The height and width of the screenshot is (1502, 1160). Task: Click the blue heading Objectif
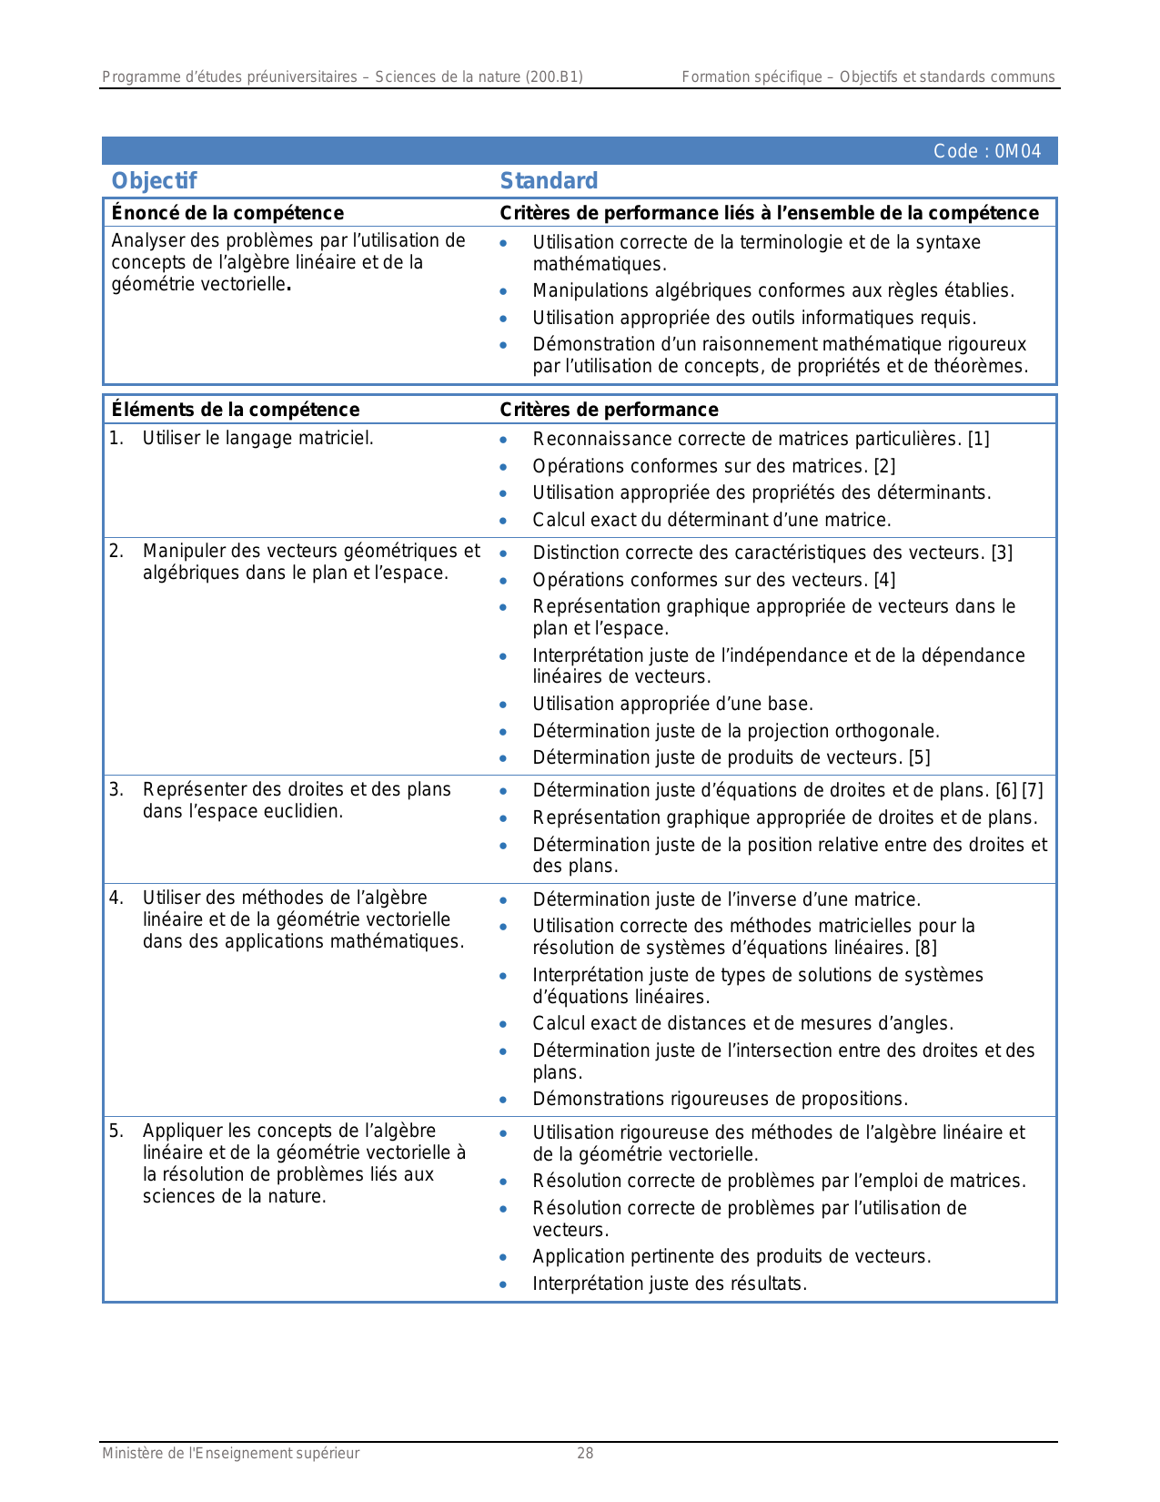[154, 181]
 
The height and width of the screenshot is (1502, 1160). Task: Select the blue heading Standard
[549, 181]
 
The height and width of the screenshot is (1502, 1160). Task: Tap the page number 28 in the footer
[585, 1453]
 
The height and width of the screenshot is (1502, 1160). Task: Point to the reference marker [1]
[979, 439]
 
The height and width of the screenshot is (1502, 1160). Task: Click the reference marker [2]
[884, 466]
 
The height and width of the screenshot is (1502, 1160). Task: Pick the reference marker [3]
[1002, 553]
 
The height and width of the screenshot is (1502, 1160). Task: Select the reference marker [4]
[884, 580]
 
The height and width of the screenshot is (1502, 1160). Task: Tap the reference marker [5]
[920, 757]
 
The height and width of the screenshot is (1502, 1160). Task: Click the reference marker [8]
[926, 948]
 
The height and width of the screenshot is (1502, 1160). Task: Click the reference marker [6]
[1006, 790]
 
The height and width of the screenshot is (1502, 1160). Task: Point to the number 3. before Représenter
[116, 789]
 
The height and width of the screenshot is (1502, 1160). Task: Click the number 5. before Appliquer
[116, 1131]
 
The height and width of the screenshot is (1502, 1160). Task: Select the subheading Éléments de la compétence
[236, 410]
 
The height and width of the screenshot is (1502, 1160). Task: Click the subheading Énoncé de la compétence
[227, 213]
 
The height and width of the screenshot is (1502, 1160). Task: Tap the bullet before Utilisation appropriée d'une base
[503, 705]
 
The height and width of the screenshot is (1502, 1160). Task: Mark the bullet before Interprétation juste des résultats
[503, 1284]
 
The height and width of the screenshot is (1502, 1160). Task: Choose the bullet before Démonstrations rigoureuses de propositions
[503, 1100]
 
